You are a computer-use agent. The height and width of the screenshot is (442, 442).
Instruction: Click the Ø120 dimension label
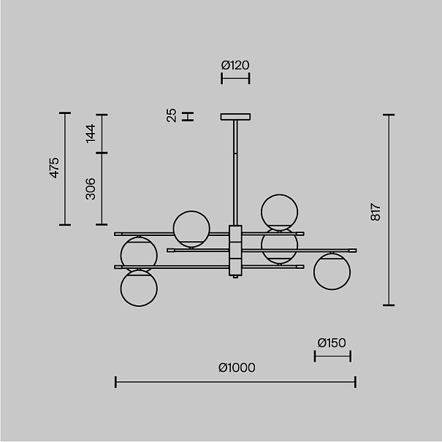(235, 65)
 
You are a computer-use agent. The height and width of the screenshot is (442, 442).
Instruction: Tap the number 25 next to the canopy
(172, 115)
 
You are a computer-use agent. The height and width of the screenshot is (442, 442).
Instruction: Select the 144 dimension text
(91, 134)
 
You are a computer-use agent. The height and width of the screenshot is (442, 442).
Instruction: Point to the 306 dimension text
(91, 189)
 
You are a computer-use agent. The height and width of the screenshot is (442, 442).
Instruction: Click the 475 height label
(54, 168)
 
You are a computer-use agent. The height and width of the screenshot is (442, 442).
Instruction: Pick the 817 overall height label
(376, 212)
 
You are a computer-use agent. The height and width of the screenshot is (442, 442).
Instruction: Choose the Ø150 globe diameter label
(332, 343)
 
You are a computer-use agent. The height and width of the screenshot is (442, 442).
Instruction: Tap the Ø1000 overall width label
(237, 367)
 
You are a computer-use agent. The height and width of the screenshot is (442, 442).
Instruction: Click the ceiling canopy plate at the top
(235, 117)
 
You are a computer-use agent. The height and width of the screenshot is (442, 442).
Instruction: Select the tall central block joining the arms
(235, 251)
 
